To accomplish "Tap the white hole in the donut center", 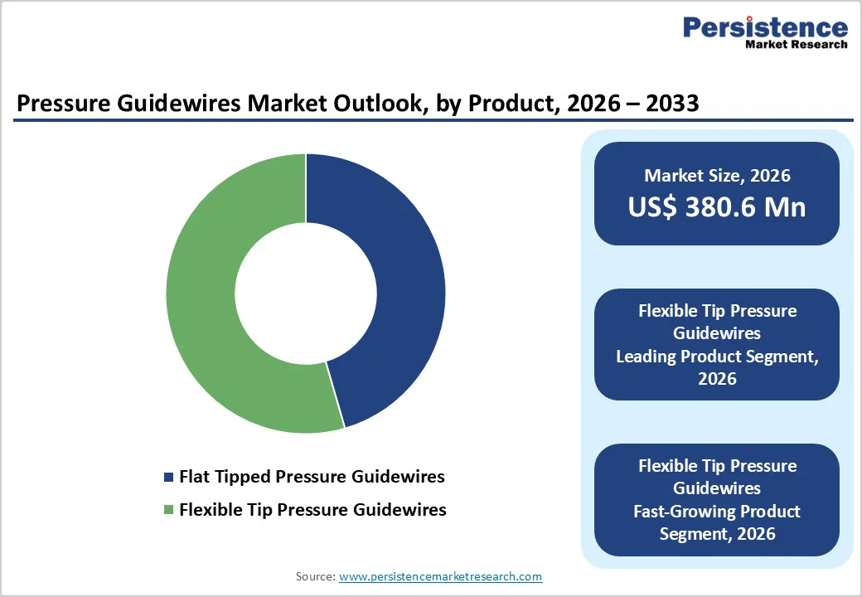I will pos(306,293).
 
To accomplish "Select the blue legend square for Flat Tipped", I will pos(170,478).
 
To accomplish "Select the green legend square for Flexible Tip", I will pos(170,510).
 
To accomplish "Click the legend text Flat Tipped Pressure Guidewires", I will pos(312,477).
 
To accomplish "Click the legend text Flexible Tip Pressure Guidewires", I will pos(312,509).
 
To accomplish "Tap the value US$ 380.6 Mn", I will pos(716,206).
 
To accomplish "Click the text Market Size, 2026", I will pos(716,176).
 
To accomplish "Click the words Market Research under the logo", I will pos(796,44).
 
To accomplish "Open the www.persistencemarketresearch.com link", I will pos(440,576).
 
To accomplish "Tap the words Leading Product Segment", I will pos(717,357).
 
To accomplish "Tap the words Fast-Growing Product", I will pos(717,511).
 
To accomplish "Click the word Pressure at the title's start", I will pos(60,104).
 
